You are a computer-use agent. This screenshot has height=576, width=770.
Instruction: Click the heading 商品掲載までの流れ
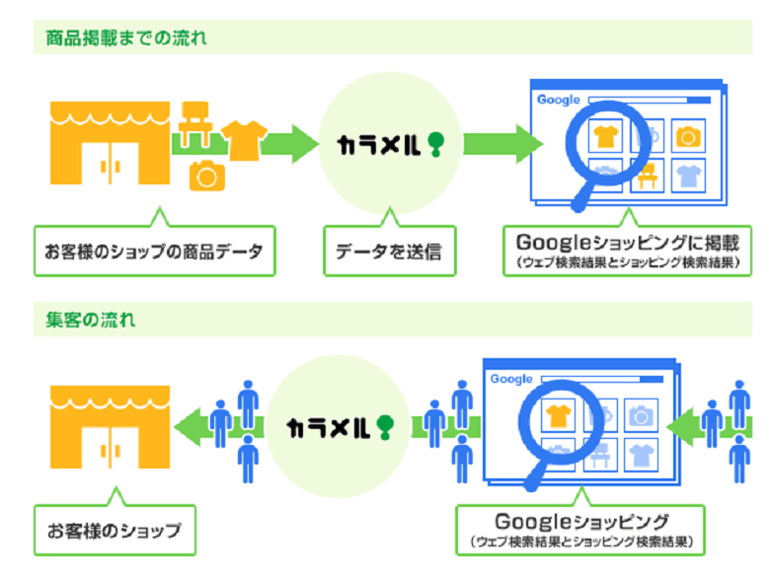coord(125,38)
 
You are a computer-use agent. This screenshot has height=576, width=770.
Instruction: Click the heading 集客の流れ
coord(91,320)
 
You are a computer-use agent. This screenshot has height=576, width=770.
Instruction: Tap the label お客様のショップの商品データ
coord(152,252)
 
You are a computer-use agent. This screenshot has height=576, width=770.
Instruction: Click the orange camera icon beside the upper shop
coord(207,175)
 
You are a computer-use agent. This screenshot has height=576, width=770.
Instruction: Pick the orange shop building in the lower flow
coord(110,425)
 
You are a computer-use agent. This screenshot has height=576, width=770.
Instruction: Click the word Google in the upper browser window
coord(558,100)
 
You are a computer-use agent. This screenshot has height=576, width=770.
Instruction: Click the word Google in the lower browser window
coord(511,379)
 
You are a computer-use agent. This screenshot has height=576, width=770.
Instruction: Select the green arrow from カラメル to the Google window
coord(503,144)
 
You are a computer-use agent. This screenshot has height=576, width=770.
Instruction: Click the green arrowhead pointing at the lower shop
coord(190,425)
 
